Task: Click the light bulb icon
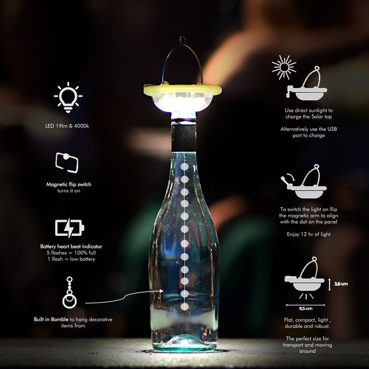click(x=68, y=97)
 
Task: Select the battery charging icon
click(x=69, y=228)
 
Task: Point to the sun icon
click(x=284, y=67)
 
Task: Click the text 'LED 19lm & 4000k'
click(x=67, y=126)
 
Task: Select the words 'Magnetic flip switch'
click(x=69, y=184)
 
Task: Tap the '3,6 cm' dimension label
click(x=341, y=284)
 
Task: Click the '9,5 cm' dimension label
click(x=306, y=309)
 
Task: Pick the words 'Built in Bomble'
click(x=51, y=319)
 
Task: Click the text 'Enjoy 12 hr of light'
click(x=309, y=234)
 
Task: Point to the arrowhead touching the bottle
click(x=161, y=291)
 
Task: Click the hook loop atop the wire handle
click(x=183, y=40)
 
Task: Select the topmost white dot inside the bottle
click(x=184, y=167)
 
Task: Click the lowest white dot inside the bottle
click(x=184, y=306)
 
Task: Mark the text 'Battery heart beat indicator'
click(x=71, y=246)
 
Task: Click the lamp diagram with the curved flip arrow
click(x=304, y=181)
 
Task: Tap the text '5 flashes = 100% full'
click(x=71, y=253)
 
